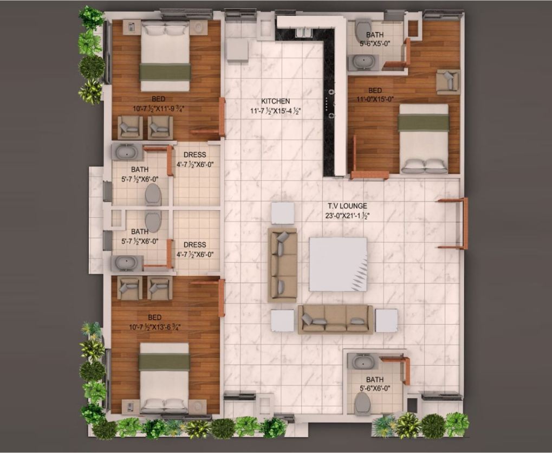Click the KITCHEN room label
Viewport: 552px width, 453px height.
click(x=276, y=101)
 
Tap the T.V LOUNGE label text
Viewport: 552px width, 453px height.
click(x=347, y=206)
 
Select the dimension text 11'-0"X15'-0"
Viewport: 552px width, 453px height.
click(x=375, y=99)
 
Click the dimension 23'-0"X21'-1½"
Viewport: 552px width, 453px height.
click(x=347, y=216)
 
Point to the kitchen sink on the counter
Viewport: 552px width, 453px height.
click(x=303, y=33)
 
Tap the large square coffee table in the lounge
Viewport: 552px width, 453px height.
click(x=338, y=264)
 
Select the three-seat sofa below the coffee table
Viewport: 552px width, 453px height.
click(x=335, y=319)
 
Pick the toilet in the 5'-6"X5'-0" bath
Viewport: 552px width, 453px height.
click(x=362, y=30)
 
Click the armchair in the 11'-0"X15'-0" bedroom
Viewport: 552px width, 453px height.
click(x=448, y=82)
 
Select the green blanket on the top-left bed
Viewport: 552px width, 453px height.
click(x=165, y=72)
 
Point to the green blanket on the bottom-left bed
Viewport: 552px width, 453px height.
click(x=164, y=363)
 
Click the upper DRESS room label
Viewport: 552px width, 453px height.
click(x=194, y=154)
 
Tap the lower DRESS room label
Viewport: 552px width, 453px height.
click(x=194, y=245)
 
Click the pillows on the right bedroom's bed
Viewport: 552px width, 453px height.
click(x=425, y=166)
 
